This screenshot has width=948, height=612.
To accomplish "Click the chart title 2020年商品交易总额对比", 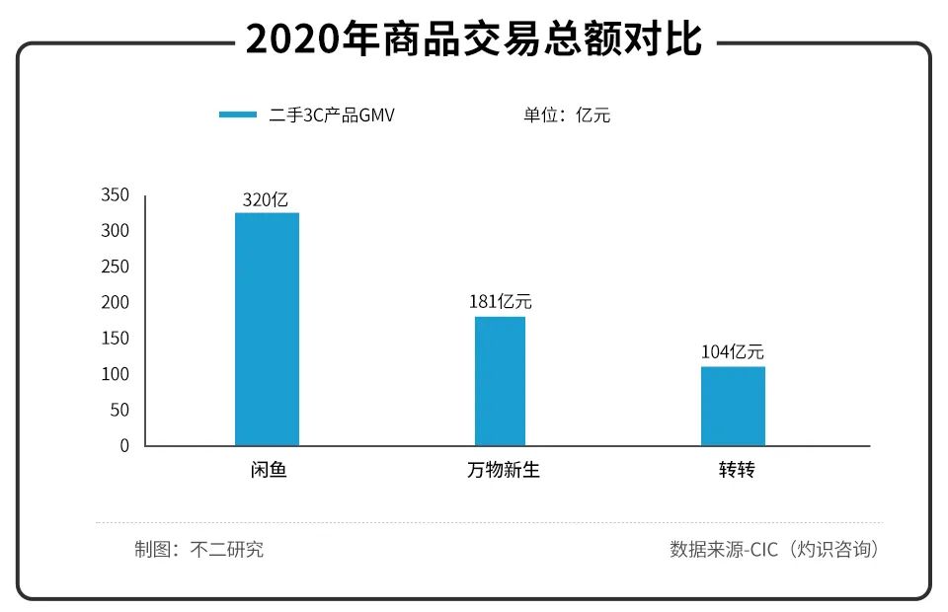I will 474,40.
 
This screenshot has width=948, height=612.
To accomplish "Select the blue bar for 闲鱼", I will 267,329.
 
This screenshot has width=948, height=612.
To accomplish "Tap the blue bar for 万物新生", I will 500,381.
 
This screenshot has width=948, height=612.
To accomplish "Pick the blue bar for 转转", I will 733,406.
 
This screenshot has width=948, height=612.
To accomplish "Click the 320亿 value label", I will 266,199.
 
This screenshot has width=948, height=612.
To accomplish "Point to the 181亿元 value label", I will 500,302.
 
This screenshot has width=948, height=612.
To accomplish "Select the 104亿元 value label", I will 733,351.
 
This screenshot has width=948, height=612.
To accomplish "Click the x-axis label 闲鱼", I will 267,470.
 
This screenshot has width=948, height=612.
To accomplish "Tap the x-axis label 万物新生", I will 503,470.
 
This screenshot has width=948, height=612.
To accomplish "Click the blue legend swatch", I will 238,115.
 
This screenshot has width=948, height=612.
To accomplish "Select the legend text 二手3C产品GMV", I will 333,115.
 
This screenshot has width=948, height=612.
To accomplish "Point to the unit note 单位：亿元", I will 567,115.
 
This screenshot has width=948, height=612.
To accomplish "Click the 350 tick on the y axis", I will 116,195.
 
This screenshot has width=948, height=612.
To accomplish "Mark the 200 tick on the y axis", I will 116,303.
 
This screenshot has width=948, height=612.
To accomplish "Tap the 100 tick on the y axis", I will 116,374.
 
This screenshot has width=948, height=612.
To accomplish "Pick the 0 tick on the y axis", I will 124,446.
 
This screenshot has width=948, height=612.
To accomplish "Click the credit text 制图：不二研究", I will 198,550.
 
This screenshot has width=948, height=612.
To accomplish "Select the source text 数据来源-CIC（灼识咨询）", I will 774,550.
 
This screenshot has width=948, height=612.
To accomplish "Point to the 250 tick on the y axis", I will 116,268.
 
